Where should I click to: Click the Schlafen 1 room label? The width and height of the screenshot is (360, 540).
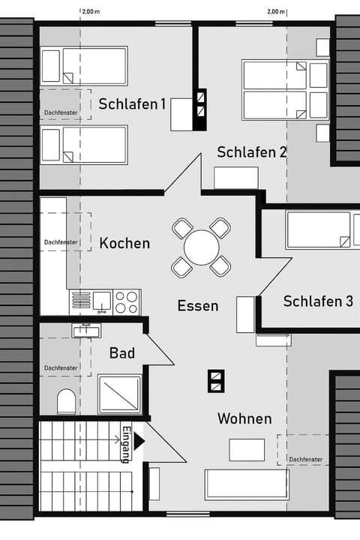[x=132, y=104]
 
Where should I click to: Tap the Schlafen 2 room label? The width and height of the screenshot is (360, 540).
[x=252, y=152]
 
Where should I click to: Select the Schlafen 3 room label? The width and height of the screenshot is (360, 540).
[x=318, y=301]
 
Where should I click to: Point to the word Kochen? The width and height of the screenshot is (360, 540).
[x=124, y=243]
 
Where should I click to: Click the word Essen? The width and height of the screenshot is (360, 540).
[x=198, y=306]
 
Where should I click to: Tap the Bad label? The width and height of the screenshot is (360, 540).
[x=122, y=353]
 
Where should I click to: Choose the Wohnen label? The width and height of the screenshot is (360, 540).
[x=244, y=418]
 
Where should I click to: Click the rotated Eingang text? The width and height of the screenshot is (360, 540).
[x=127, y=444]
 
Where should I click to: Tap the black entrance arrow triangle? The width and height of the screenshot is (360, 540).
[x=139, y=441]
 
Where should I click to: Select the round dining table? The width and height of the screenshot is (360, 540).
[x=202, y=247]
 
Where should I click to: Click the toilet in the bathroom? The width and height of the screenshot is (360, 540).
[x=66, y=401]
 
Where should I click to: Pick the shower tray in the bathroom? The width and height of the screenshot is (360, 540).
[x=119, y=394]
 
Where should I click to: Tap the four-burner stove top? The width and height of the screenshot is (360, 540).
[x=127, y=302]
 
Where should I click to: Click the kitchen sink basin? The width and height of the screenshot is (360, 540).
[x=102, y=300]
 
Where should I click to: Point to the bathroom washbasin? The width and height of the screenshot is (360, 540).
[x=86, y=331]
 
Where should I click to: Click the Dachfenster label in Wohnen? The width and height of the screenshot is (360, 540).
[x=306, y=460]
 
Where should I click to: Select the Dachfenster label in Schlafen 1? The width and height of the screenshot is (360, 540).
[x=61, y=112]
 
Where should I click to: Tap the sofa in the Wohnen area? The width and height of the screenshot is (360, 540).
[x=247, y=484]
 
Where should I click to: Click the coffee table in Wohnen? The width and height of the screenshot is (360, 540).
[x=247, y=450]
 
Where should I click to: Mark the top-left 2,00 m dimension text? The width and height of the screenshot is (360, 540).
[x=91, y=11]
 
